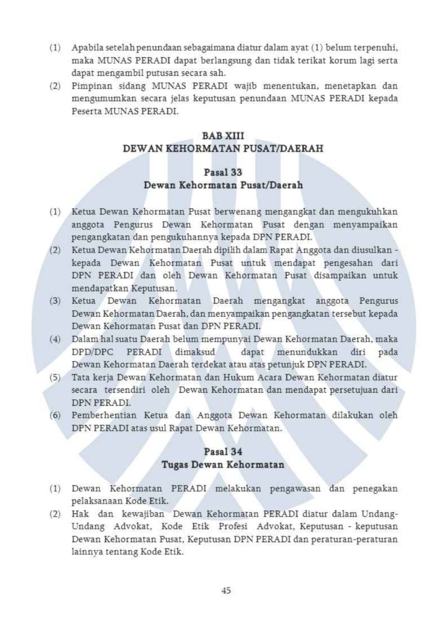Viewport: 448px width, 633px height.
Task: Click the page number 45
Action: (x=227, y=590)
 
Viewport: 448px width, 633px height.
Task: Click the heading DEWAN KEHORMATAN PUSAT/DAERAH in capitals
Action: (x=224, y=149)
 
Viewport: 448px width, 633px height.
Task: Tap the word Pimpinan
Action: (x=89, y=86)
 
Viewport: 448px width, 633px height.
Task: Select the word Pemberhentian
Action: (x=104, y=416)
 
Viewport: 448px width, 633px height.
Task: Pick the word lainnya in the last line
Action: (x=86, y=553)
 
